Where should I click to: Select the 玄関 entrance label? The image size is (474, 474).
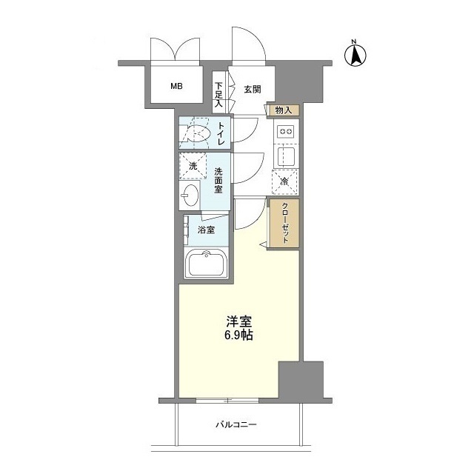point(252,90)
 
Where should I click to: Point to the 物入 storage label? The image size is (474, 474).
point(283,110)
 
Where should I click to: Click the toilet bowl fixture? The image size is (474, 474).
point(197,134)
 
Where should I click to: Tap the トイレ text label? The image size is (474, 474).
point(221,134)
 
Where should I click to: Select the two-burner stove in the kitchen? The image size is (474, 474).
point(285,132)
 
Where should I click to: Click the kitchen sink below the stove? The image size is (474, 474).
point(285,157)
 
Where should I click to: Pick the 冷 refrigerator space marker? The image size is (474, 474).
point(284,180)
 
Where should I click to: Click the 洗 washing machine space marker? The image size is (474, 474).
point(193,166)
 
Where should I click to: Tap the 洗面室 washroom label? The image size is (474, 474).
point(218,181)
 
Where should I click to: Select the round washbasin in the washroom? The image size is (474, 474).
point(190,197)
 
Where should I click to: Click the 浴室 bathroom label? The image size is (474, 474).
point(207,230)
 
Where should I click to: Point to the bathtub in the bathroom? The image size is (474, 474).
point(205,264)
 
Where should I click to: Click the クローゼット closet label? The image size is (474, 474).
point(284,224)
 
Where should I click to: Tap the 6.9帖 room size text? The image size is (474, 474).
point(239,335)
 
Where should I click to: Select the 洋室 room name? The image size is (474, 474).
point(239,322)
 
